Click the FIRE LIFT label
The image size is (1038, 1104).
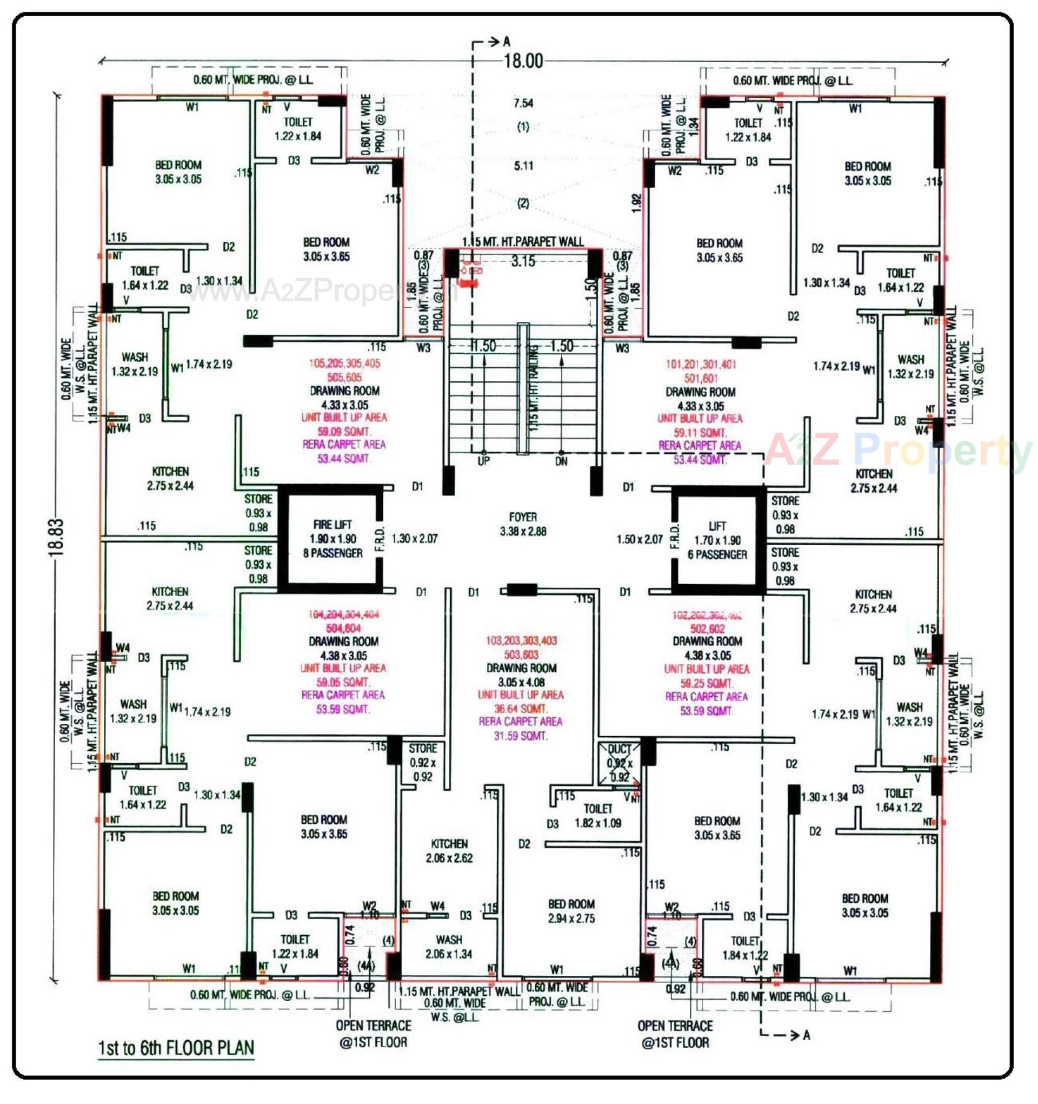pyautogui.click(x=332, y=525)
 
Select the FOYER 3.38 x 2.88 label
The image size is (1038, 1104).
pyautogui.click(x=522, y=524)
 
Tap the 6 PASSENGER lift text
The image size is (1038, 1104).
pyautogui.click(x=717, y=554)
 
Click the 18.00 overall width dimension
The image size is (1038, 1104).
pyautogui.click(x=523, y=61)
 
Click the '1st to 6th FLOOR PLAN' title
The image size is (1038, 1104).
pyautogui.click(x=176, y=1048)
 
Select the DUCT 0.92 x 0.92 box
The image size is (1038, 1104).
pyautogui.click(x=619, y=763)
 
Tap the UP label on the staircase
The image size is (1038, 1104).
pyautogui.click(x=483, y=461)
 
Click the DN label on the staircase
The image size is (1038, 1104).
pyautogui.click(x=561, y=461)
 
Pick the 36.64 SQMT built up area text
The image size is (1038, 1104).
pyautogui.click(x=521, y=709)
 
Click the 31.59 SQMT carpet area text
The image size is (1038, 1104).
pyautogui.click(x=521, y=736)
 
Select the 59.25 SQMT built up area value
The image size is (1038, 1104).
pyautogui.click(x=707, y=683)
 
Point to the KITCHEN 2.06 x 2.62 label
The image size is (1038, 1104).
pyautogui.click(x=449, y=851)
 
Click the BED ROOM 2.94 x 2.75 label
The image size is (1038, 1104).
pyautogui.click(x=571, y=911)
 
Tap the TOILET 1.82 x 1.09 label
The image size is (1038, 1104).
pyautogui.click(x=598, y=816)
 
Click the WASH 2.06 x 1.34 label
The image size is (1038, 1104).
pyautogui.click(x=449, y=947)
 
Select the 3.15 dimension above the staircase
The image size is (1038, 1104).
pyautogui.click(x=523, y=261)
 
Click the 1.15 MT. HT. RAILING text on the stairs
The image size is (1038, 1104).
pyautogui.click(x=534, y=389)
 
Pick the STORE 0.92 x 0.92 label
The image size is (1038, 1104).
pyautogui.click(x=422, y=762)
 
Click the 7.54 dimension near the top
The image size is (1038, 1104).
pyautogui.click(x=523, y=103)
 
